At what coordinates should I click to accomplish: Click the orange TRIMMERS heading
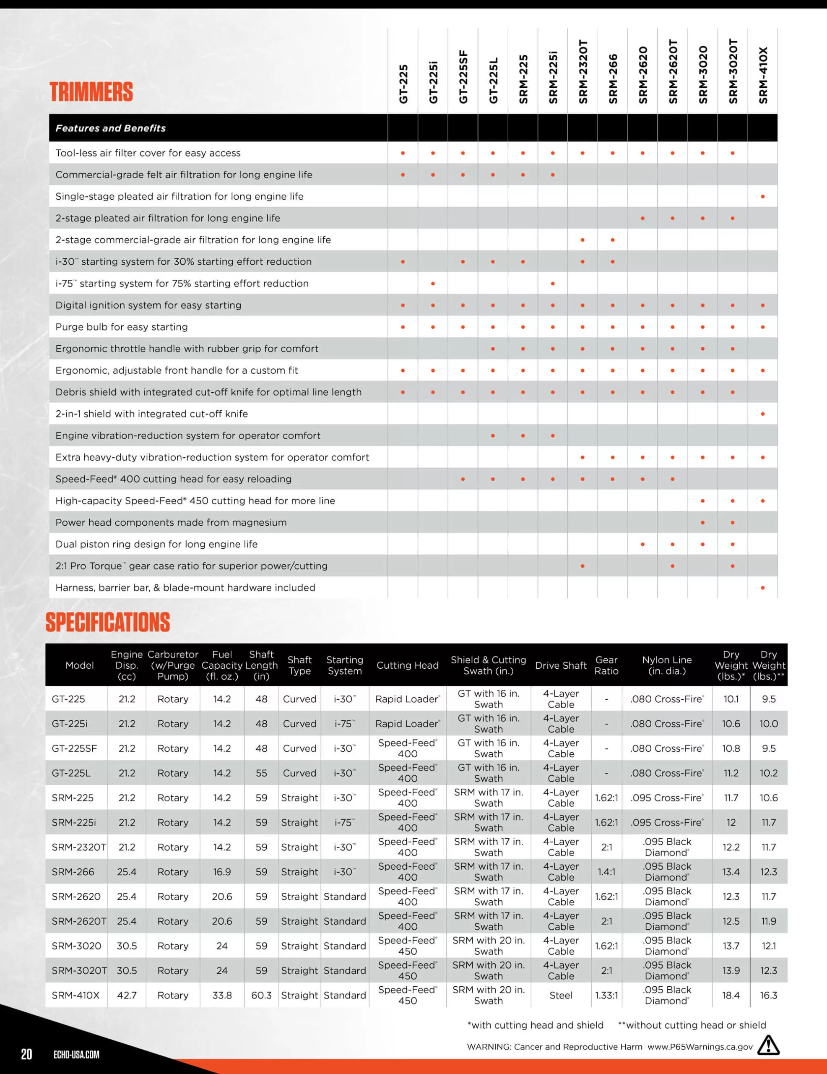click(x=91, y=92)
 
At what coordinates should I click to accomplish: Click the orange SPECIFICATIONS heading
click(x=108, y=622)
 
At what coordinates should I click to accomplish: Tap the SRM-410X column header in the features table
click(x=762, y=75)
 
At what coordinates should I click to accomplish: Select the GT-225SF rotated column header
click(x=463, y=77)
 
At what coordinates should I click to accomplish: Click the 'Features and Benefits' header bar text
click(x=111, y=128)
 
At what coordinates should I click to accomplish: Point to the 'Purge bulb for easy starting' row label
click(x=122, y=327)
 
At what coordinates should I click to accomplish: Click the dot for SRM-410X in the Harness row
click(x=762, y=588)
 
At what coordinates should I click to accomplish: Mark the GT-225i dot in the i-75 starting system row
click(x=433, y=284)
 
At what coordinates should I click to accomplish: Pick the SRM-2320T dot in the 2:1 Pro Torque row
click(x=583, y=566)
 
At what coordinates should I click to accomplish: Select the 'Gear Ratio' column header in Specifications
click(x=606, y=665)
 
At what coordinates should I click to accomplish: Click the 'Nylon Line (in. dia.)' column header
click(x=667, y=665)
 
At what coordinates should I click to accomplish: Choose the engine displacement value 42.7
click(x=127, y=995)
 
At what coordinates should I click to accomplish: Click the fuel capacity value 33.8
click(x=222, y=995)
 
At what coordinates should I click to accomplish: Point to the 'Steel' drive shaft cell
click(x=561, y=995)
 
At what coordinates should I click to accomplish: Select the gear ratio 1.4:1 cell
click(x=606, y=872)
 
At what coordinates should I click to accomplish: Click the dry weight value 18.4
click(x=731, y=995)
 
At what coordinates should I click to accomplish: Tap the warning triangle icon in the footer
click(x=768, y=1045)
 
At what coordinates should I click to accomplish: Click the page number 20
click(x=26, y=1054)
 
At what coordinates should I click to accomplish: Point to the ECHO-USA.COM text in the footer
click(x=76, y=1054)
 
